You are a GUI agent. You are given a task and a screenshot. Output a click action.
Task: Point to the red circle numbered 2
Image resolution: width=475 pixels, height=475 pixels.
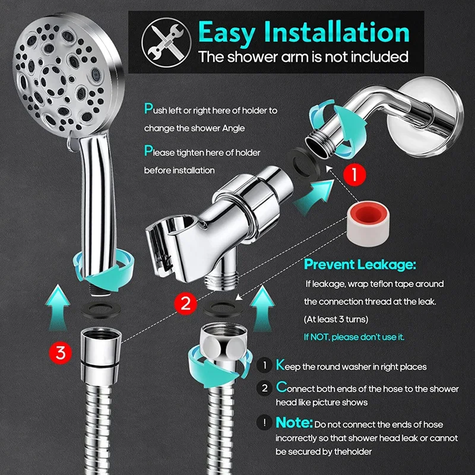coord(186,304)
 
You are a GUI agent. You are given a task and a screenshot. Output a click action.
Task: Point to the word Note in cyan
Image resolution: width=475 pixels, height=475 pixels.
coord(293,423)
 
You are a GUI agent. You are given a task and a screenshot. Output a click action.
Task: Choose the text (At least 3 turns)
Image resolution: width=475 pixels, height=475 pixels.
coord(336,319)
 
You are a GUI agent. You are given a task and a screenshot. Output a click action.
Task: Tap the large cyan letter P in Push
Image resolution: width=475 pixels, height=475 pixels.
coord(148,109)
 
